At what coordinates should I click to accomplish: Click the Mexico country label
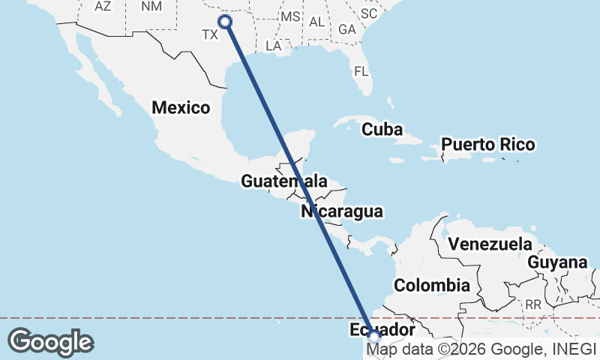coord(181,107)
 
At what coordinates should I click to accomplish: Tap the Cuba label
coord(382,129)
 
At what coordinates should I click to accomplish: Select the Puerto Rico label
coord(487,144)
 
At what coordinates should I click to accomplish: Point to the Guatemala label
coord(283,181)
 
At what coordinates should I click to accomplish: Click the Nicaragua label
coord(342,211)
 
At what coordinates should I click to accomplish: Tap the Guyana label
coord(556,262)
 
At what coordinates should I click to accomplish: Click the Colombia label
coord(432,285)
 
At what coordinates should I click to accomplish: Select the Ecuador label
coord(382,330)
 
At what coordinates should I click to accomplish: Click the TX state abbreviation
coord(210,34)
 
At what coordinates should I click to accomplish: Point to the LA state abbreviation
coord(273,46)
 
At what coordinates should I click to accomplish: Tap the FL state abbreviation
coord(361,72)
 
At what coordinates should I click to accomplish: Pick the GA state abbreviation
coord(347,29)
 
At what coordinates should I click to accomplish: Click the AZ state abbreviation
coord(103,6)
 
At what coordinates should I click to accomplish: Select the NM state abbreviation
coord(151,6)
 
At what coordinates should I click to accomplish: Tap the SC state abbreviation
coord(368,13)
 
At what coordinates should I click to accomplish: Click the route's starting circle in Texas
coord(224,22)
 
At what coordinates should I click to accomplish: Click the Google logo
coord(50,342)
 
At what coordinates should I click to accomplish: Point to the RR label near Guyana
coord(533,304)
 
